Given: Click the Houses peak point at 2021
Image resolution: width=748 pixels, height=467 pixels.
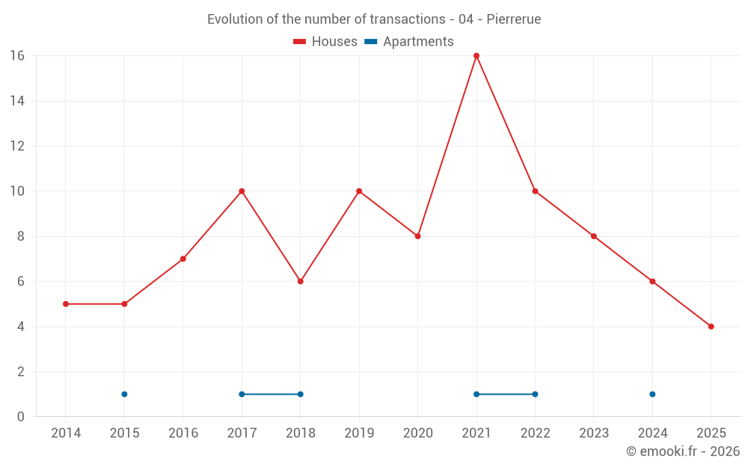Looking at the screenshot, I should coord(476,56).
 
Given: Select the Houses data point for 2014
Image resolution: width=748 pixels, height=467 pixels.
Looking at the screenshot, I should coord(66,304).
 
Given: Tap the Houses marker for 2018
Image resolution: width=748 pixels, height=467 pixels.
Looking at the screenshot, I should coord(301,282).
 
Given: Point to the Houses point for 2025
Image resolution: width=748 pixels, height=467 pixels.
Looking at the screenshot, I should coord(711,327).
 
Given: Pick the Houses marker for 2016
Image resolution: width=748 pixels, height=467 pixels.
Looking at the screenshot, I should coord(183,259).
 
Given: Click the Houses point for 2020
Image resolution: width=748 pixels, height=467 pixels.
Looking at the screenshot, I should coord(418,236).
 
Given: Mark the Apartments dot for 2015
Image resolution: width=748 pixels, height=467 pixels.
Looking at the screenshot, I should coord(124,394).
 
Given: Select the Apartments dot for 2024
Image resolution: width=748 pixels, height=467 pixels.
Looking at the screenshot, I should coord(652,394).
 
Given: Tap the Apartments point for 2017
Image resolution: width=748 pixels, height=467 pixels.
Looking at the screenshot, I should coord(242,394).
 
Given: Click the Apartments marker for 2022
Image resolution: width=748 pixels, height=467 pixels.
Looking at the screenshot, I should coord(535,394).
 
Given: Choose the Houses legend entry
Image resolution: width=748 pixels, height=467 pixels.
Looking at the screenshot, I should coord(325,42).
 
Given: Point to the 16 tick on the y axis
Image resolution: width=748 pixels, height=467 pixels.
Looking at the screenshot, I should coord(17,56).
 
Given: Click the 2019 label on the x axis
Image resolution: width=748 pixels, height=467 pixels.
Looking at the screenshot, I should coord(359,433).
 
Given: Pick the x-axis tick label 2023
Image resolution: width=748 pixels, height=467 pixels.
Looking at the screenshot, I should coord(594,433).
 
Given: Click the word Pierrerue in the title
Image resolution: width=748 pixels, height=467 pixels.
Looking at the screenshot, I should coord(513,19).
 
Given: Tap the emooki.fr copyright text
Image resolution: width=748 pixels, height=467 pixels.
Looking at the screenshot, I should coord(682,451).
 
